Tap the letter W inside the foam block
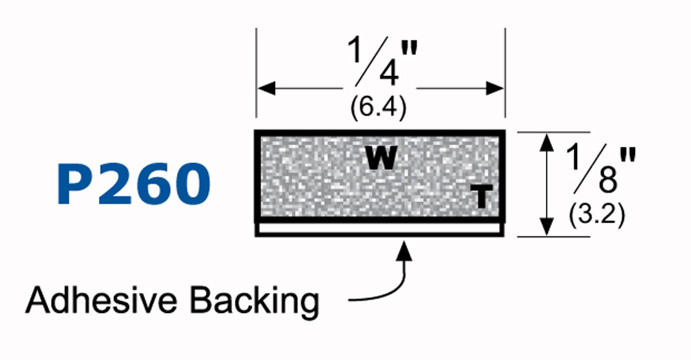tap(381, 158)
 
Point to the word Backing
tap(249, 302)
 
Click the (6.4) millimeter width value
tap(377, 108)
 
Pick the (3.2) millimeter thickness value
tap(597, 216)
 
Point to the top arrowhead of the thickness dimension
tap(547, 140)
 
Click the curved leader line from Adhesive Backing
tap(387, 294)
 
